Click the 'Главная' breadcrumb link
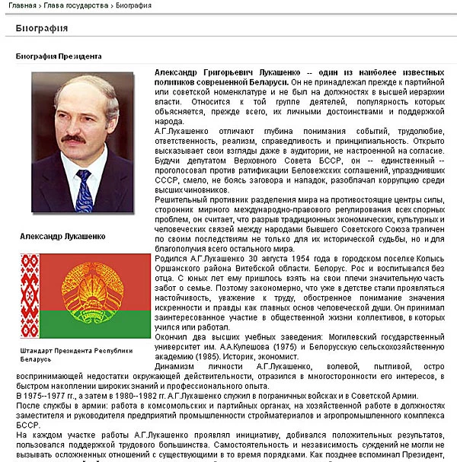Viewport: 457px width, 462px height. click(x=21, y=6)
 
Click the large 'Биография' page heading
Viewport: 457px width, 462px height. click(x=43, y=29)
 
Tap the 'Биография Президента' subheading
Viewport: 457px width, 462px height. click(x=59, y=56)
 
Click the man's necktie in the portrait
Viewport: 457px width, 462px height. click(x=85, y=190)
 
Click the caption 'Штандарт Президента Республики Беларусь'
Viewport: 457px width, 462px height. click(x=76, y=354)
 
